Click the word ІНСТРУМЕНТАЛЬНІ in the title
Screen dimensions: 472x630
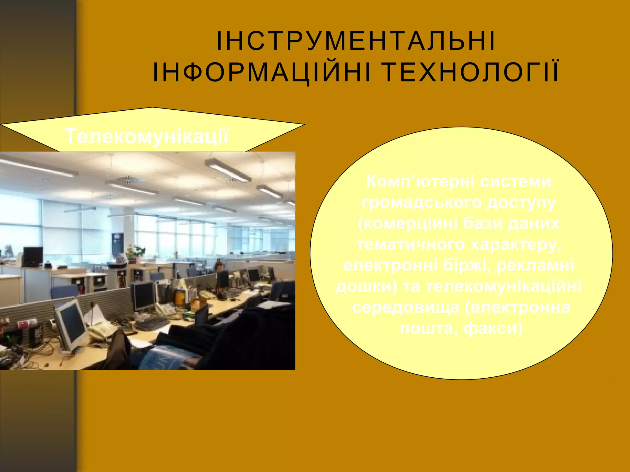pos(356,41)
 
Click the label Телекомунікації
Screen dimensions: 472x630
pos(147,136)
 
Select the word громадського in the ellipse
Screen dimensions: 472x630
pos(421,203)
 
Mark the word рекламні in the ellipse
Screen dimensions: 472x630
pos(535,265)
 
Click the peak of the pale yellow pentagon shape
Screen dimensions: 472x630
pos(153,108)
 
